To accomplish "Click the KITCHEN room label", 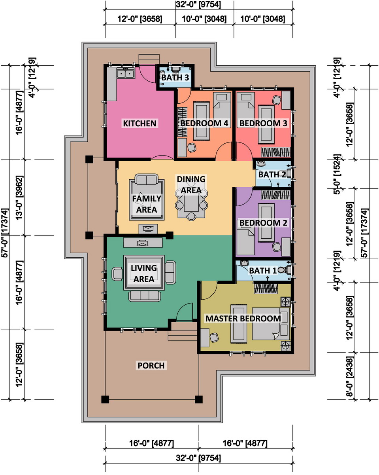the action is pyautogui.click(x=140, y=123).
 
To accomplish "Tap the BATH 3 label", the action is pyautogui.click(x=175, y=78).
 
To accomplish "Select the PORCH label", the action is pyautogui.click(x=151, y=365).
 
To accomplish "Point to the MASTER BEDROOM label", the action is pyautogui.click(x=243, y=319).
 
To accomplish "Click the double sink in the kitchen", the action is pyautogui.click(x=125, y=73).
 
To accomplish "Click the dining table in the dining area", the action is pyautogui.click(x=191, y=203).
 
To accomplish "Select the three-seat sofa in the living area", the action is pyautogui.click(x=145, y=296).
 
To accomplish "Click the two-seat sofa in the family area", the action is pyautogui.click(x=147, y=179).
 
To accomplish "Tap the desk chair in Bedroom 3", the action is pyautogui.click(x=277, y=100).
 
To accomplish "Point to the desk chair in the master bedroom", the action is pyautogui.click(x=214, y=338).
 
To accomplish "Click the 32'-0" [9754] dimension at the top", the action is pyautogui.click(x=198, y=5).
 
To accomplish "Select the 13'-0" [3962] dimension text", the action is pyautogui.click(x=20, y=198).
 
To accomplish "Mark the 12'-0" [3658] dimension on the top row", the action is pyautogui.click(x=140, y=19).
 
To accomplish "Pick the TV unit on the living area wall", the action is pyautogui.click(x=143, y=243).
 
